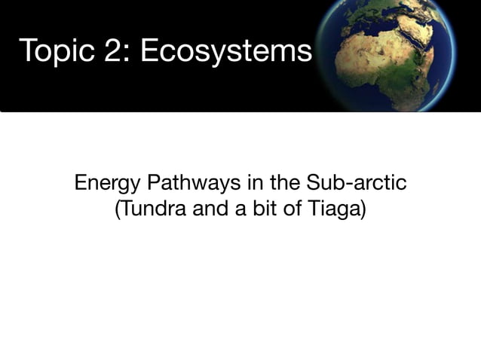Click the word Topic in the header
pos(51,52)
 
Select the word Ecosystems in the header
pos(225,52)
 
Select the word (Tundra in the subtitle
pos(147,208)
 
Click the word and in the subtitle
pos(207,208)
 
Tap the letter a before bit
pos(239,209)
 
